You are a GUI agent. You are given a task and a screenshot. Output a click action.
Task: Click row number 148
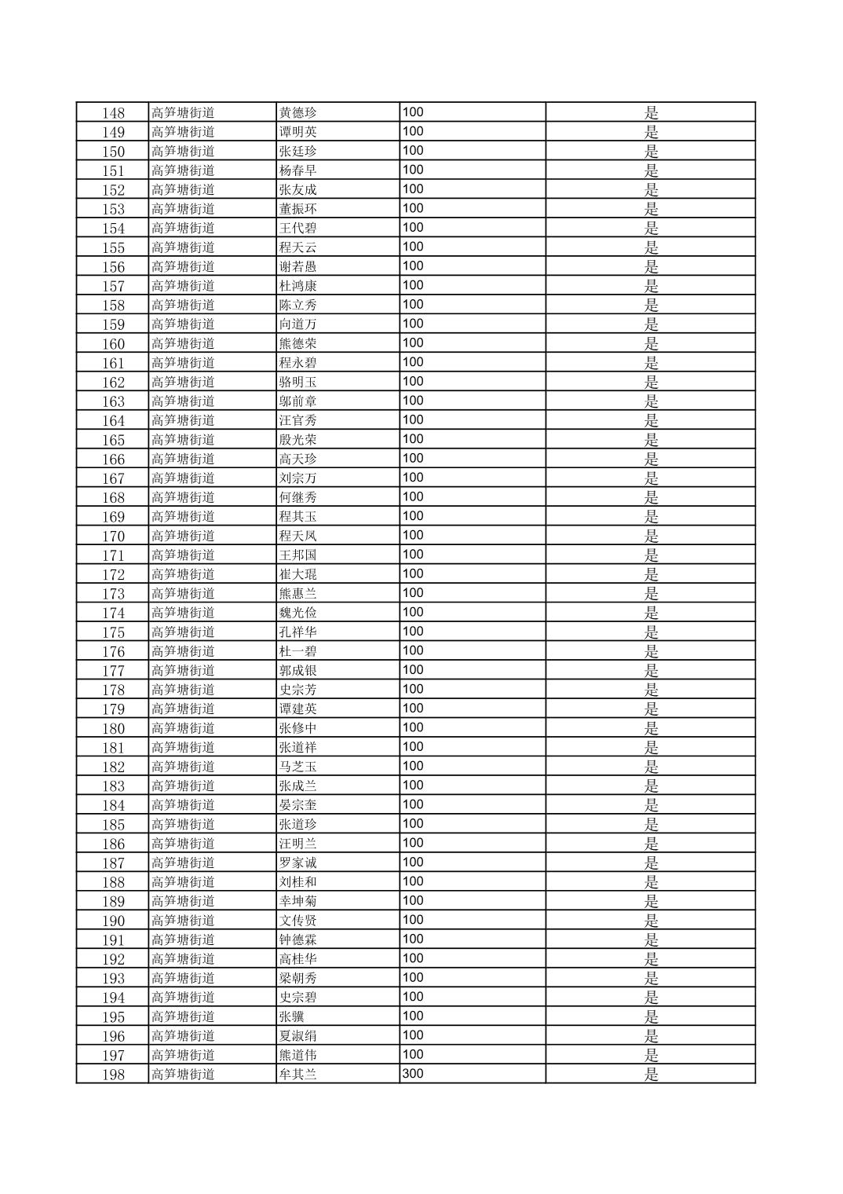(113, 113)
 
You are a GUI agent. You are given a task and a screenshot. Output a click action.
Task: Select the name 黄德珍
(298, 112)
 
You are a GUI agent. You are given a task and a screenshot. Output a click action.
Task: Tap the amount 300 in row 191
(413, 939)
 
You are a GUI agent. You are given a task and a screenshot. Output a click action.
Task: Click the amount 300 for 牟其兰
(413, 1074)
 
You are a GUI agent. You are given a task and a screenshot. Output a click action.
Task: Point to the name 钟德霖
(298, 939)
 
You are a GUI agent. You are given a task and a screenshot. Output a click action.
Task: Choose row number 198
(113, 1075)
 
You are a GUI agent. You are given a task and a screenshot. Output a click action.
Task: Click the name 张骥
(292, 1016)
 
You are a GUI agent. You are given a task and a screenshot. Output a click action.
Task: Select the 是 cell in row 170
(651, 536)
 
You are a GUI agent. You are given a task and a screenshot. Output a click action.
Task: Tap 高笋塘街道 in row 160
(183, 343)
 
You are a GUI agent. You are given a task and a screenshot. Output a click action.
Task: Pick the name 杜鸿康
(298, 286)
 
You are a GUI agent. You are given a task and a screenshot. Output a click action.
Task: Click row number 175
(113, 632)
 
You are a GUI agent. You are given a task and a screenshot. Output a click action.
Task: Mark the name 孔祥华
(298, 632)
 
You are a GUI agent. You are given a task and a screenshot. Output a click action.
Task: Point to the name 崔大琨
(298, 574)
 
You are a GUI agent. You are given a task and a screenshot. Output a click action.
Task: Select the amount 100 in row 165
(413, 439)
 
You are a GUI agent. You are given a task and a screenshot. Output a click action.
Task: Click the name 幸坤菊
(298, 901)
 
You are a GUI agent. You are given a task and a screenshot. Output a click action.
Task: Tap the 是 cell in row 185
(651, 824)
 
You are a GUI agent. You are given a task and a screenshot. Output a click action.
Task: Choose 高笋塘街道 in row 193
(183, 978)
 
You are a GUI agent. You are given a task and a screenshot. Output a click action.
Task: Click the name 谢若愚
(298, 266)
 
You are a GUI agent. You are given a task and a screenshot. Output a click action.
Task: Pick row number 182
(113, 767)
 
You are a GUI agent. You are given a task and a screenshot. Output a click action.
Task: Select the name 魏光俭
(298, 613)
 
